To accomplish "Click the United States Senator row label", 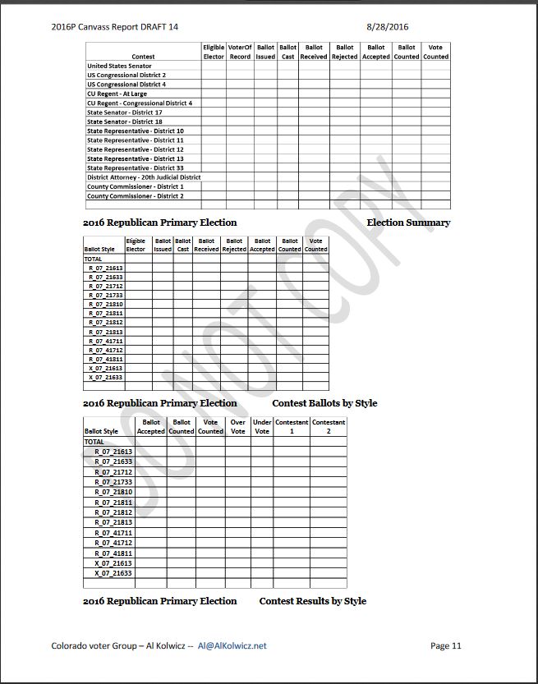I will [118, 66].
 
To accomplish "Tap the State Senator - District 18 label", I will [124, 122].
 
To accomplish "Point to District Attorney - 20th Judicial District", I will [144, 177].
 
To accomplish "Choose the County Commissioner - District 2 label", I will [136, 196].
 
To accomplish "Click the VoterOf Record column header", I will [240, 52].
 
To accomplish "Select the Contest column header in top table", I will [143, 57].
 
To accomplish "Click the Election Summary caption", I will [408, 223].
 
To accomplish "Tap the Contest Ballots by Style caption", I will [324, 403].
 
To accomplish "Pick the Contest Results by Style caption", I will [312, 601].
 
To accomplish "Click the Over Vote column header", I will [238, 426].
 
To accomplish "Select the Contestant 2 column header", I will [329, 426].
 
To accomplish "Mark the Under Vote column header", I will [262, 426].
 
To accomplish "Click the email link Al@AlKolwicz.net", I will [232, 645].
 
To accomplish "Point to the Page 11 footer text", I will [446, 645].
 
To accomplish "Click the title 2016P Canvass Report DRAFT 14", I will [114, 26].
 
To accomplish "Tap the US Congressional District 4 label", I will [126, 85].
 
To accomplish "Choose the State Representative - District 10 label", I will [136, 131].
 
